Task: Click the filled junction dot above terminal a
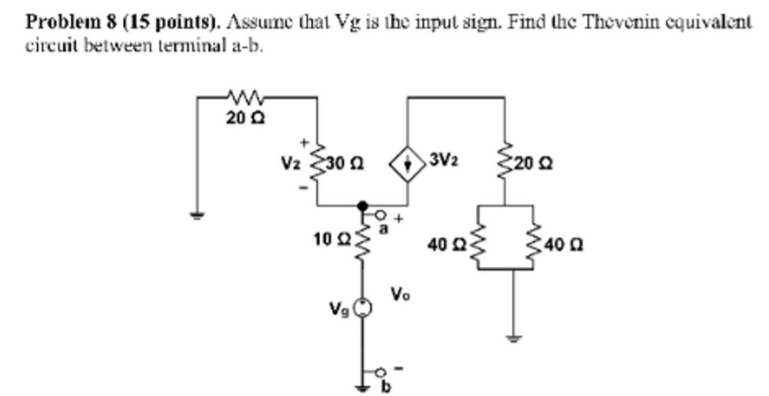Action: coord(363,205)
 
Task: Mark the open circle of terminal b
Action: coord(381,371)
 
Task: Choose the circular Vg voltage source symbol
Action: coord(363,306)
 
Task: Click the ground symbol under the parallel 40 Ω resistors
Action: coord(513,337)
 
